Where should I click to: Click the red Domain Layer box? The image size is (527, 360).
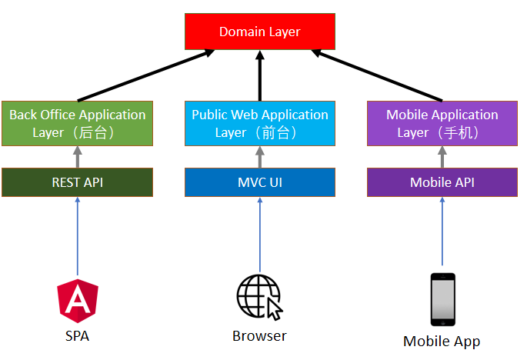coord(260,32)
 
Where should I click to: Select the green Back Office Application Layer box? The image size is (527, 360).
coord(77,123)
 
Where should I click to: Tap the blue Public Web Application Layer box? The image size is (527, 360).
coord(260,123)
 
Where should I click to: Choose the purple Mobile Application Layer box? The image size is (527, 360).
coord(442,123)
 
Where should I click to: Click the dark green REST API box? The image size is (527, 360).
coord(77,182)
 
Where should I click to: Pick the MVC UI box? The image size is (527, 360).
coord(260,182)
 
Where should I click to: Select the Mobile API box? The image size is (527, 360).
coord(442,182)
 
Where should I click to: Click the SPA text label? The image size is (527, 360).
coord(77,336)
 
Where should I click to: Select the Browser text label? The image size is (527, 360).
coord(260,336)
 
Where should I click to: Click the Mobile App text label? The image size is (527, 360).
coord(442,342)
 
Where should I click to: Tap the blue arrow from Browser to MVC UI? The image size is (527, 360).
coord(260,235)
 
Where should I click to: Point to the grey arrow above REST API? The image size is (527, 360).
coord(77,157)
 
